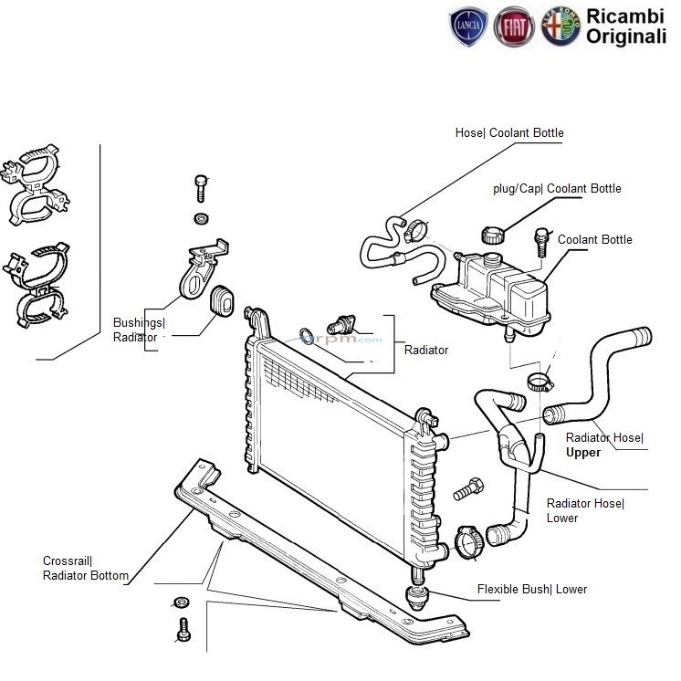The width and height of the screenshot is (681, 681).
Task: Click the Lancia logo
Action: click(470, 27)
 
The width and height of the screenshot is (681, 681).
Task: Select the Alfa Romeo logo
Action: click(561, 27)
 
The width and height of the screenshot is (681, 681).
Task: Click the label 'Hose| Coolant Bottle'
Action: click(509, 133)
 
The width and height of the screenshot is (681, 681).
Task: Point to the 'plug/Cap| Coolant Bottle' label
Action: click(557, 189)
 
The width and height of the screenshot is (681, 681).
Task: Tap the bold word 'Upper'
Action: click(583, 453)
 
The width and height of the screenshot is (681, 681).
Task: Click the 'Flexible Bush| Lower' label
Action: click(532, 590)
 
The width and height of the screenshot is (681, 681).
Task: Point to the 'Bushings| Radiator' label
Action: click(138, 330)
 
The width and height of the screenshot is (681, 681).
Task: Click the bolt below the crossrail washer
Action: click(182, 628)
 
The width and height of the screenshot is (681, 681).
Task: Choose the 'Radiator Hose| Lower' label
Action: click(584, 510)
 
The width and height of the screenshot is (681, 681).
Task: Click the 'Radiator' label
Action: click(426, 351)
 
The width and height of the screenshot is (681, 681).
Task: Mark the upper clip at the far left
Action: click(35, 188)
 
